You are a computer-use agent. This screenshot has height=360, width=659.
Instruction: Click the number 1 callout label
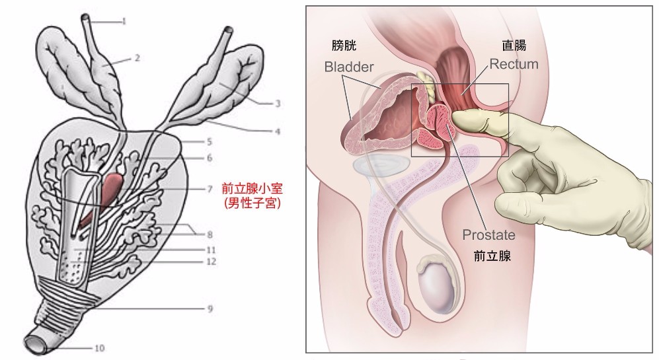(x=124, y=21)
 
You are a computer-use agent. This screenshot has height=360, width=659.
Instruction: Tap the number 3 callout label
(x=278, y=103)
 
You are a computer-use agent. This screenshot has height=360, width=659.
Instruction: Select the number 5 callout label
(x=208, y=141)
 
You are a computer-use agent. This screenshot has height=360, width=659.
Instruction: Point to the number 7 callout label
(x=209, y=188)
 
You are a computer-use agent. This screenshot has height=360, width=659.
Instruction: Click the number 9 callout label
(x=209, y=308)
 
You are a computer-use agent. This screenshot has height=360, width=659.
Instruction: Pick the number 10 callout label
(x=100, y=347)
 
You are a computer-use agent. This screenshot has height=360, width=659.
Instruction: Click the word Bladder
(x=349, y=67)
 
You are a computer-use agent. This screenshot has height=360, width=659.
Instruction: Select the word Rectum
(x=514, y=64)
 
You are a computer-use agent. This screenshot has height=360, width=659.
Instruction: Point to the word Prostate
(x=488, y=234)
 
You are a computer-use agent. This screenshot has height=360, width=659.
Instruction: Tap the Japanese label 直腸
(x=512, y=46)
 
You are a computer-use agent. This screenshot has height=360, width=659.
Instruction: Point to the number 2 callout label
(x=137, y=57)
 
